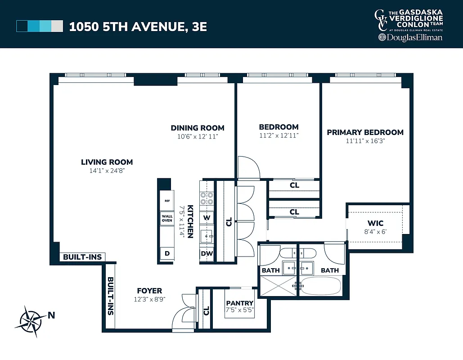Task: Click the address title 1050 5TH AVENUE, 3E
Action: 138,27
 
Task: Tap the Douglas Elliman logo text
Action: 410,38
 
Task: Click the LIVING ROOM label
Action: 107,162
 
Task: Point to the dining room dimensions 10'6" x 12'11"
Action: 197,136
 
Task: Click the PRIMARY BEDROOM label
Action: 365,132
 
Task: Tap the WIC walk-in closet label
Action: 375,224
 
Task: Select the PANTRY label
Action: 240,303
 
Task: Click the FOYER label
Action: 149,291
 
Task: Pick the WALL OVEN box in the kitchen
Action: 167,218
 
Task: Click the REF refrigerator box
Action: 167,201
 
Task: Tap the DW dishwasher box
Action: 207,254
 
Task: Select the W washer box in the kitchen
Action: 207,218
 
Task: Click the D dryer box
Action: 167,254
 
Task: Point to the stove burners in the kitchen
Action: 207,198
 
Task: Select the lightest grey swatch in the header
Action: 57,27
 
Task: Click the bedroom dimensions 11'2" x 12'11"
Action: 279,135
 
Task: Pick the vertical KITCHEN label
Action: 190,221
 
